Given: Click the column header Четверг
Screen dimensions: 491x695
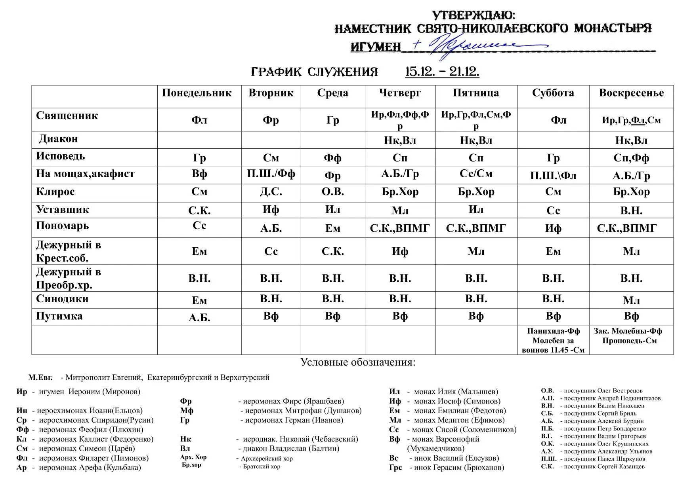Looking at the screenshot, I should tap(400, 93).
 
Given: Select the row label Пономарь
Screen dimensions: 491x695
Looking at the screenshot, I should tap(63, 226).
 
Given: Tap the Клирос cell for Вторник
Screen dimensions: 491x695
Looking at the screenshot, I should tap(271, 192).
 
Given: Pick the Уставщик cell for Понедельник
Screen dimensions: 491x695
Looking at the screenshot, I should tap(199, 210).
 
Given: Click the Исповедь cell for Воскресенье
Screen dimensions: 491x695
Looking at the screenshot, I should tap(631, 158).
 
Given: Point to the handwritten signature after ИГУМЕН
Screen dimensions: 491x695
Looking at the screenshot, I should tap(468, 45).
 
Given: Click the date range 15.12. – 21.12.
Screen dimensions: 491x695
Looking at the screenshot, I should tap(442, 72).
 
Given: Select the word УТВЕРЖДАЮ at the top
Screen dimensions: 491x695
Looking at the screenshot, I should tap(474, 15).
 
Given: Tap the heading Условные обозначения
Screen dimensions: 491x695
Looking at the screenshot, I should tap(358, 362).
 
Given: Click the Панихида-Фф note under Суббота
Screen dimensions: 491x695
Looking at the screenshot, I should tap(553, 331).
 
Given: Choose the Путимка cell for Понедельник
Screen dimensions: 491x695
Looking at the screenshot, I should tap(199, 318).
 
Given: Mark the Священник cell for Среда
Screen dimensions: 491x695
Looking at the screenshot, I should tap(332, 120).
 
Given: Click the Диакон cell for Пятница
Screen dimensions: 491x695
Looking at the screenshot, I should tap(476, 140).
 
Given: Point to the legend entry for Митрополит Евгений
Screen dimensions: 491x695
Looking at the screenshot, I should tap(149, 377).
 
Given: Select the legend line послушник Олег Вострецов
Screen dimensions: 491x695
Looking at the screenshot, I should tap(592, 391).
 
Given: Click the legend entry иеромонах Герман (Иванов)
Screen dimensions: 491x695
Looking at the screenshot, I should tap(262, 420).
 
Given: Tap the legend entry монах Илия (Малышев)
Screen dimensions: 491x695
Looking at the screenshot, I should tap(443, 392).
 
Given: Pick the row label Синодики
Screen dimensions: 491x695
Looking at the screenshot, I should tap(62, 299).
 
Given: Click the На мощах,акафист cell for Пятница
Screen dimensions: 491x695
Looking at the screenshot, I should tap(476, 174).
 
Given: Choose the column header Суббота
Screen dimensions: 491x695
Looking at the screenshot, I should tap(553, 93).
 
